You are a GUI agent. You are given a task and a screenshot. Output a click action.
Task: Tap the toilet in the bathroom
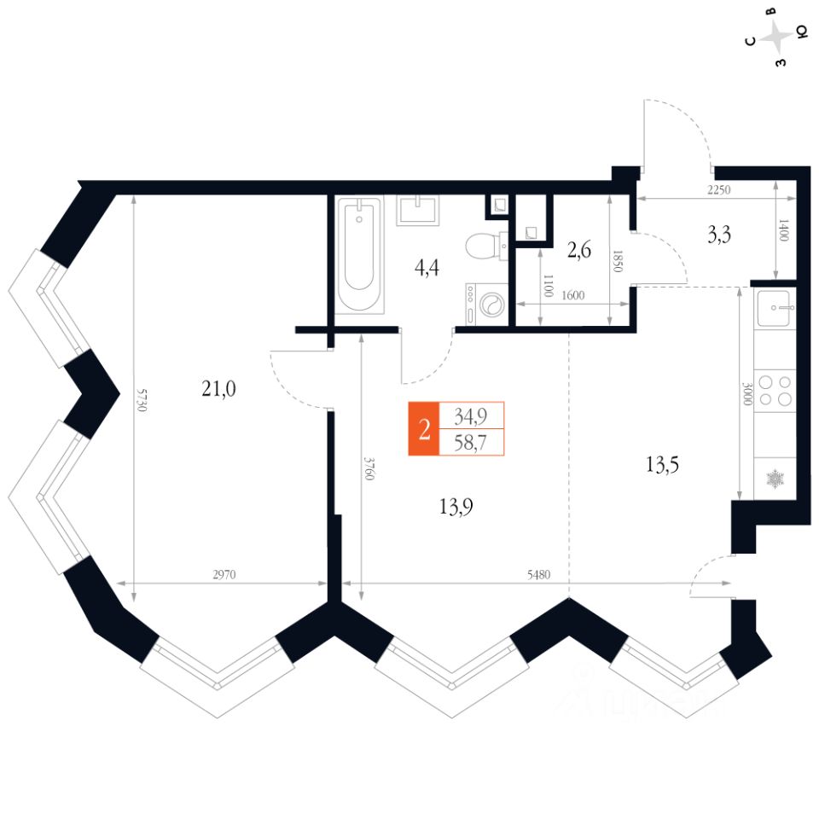pyautogui.click(x=484, y=247)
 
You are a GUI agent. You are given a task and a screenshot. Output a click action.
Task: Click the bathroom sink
pyautogui.click(x=418, y=210)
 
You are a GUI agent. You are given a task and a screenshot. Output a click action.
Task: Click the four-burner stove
pyautogui.click(x=775, y=391)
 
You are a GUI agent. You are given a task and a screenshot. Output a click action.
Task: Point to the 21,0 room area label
pyautogui.click(x=218, y=389)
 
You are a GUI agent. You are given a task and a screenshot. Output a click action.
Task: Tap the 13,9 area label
pyautogui.click(x=456, y=507)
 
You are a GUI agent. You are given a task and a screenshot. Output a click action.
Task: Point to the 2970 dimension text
pyautogui.click(x=224, y=575)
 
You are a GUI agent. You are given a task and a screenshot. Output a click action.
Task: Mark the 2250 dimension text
pyautogui.click(x=719, y=191)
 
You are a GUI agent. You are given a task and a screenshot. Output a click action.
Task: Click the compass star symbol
pyautogui.click(x=777, y=38)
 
